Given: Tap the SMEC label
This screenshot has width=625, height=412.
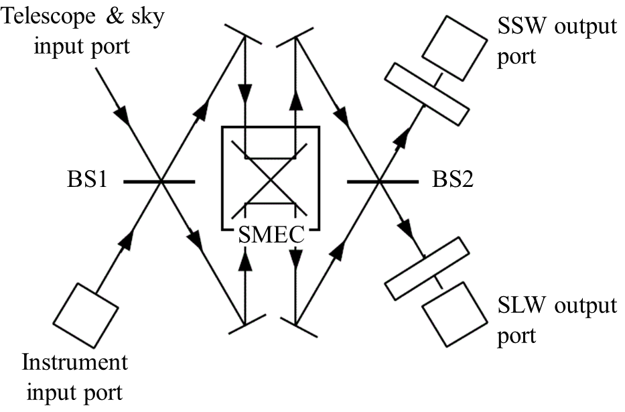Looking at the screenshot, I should pos(271,235).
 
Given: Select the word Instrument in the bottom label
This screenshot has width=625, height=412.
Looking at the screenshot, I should pos(74,363).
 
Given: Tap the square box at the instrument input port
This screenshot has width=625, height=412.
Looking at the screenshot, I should pos(85,316).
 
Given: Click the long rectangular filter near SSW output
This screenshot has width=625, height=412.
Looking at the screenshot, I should pos(427,94).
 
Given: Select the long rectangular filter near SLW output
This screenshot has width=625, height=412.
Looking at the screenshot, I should pos(427,268).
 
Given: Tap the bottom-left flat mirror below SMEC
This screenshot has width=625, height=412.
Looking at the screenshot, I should pos(242,325).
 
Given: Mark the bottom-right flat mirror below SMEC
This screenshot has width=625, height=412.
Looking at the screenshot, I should pos(296,325).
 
